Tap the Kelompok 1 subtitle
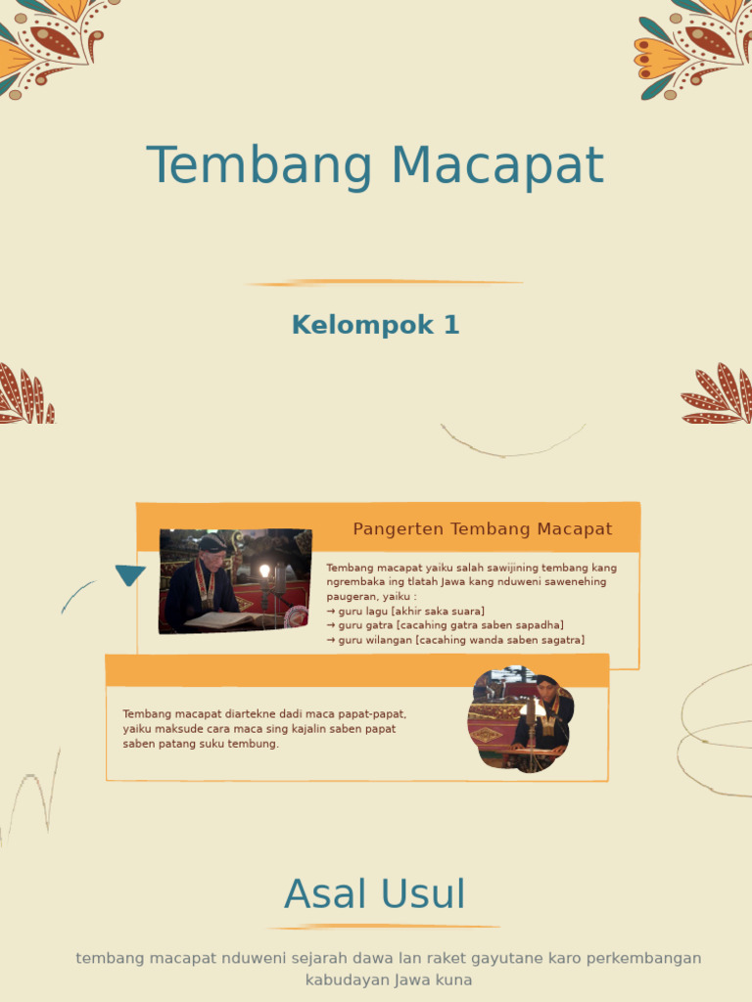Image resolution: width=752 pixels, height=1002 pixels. [375, 325]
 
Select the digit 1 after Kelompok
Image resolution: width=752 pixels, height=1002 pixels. [451, 325]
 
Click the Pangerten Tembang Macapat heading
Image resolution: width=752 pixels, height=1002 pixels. [482, 529]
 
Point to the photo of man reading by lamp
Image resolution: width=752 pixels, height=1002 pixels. [234, 581]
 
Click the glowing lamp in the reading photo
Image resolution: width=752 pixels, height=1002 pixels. [263, 570]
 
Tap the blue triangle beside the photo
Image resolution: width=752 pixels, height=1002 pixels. [129, 574]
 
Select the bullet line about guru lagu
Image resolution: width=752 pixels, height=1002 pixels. [405, 611]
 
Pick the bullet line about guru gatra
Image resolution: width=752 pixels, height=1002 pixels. [445, 625]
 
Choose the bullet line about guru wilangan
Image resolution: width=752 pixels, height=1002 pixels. [455, 640]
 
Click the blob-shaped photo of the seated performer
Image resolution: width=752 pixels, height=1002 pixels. [520, 719]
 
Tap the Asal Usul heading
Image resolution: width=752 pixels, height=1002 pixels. [375, 894]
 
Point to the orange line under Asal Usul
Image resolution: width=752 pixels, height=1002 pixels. [383, 927]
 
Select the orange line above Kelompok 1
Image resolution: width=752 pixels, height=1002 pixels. [384, 283]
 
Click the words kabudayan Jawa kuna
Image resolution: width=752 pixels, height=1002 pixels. [389, 979]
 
